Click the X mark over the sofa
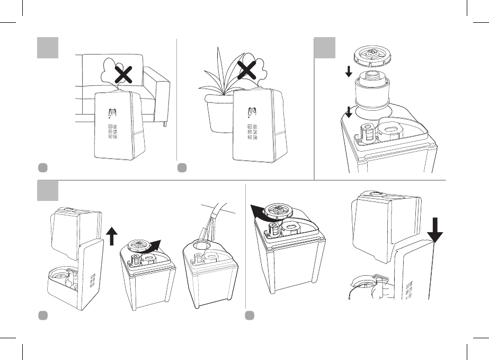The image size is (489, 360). (x=123, y=76)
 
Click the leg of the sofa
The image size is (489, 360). (x=166, y=124)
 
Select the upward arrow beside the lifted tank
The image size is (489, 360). (x=112, y=235)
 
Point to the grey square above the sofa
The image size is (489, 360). (x=47, y=48)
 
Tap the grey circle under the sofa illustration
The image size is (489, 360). (x=42, y=168)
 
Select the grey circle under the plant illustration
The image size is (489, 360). (x=182, y=168)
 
